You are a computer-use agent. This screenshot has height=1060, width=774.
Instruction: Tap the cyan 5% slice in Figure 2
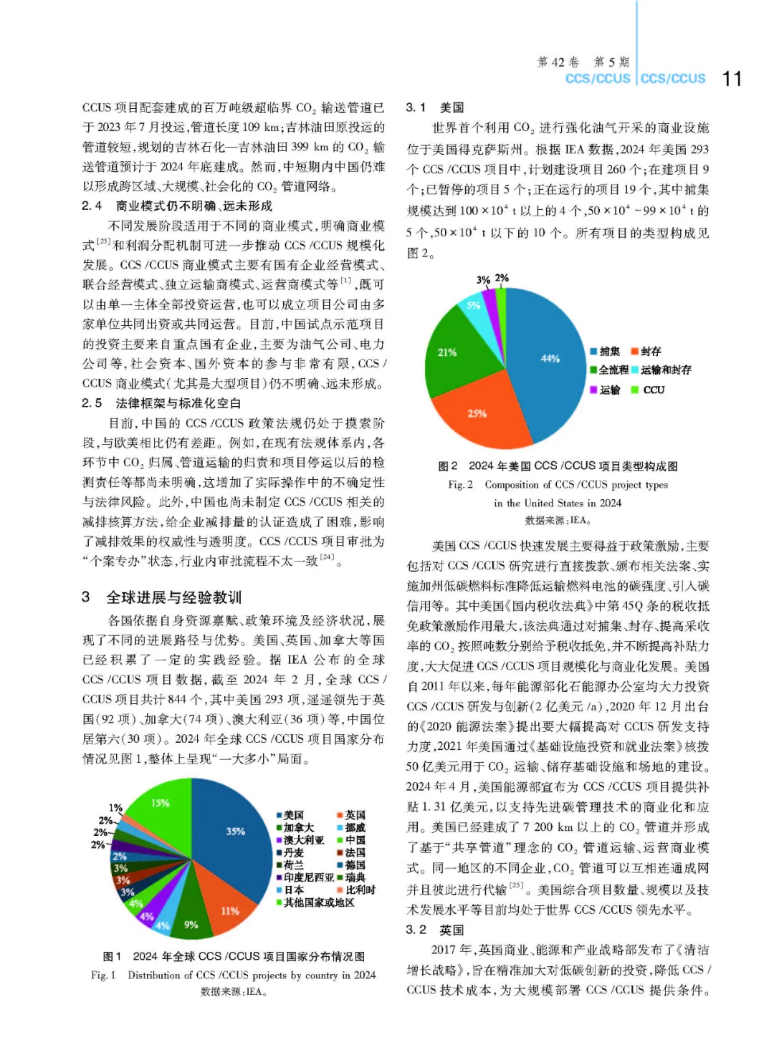pyautogui.click(x=473, y=307)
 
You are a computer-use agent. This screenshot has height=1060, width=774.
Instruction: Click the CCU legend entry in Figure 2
pyautogui.click(x=648, y=390)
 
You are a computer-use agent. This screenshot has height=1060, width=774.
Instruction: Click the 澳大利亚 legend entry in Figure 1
pyautogui.click(x=300, y=840)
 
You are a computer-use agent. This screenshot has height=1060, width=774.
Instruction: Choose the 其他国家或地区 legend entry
pyautogui.click(x=315, y=902)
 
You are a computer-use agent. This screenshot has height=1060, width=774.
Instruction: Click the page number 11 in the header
pyautogui.click(x=732, y=78)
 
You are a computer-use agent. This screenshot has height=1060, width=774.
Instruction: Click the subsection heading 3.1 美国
pyautogui.click(x=435, y=107)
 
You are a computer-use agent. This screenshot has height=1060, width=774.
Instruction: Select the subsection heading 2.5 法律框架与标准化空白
pyautogui.click(x=162, y=403)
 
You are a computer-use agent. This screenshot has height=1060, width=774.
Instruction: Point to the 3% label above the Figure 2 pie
pyautogui.click(x=484, y=280)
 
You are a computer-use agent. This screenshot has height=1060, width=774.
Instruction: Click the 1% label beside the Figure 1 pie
pyautogui.click(x=115, y=808)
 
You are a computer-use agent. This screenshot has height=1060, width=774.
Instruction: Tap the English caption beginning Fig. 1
pyautogui.click(x=234, y=975)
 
